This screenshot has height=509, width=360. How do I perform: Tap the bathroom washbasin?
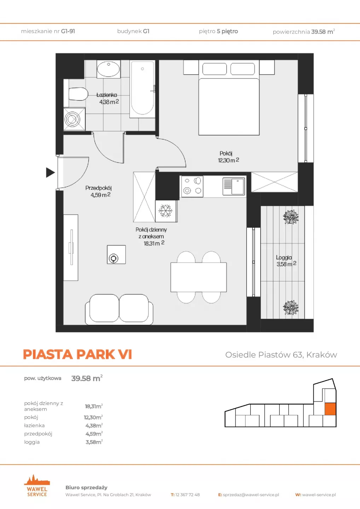point(109,69)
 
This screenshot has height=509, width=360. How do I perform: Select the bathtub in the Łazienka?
point(142,89)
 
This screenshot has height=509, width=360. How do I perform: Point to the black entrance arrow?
point(51,172)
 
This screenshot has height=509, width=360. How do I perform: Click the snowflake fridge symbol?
point(166,211)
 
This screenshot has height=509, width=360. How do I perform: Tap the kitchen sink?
point(234,186)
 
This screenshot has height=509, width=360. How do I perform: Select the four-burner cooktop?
point(192,186)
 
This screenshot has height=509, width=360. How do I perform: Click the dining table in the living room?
point(199,277)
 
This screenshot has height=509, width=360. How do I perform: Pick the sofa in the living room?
point(119,309)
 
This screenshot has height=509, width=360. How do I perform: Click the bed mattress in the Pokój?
point(229,107)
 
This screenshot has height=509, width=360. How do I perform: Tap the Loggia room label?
point(286,261)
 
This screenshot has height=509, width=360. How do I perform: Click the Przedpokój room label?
point(98,191)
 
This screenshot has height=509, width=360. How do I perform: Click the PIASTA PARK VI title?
point(77,354)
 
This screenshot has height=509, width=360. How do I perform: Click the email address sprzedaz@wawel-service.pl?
point(251,495)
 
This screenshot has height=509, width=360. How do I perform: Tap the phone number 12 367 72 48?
point(187,495)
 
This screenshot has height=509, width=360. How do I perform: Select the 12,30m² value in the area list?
point(93,417)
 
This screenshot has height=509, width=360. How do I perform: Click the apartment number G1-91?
point(68,31)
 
